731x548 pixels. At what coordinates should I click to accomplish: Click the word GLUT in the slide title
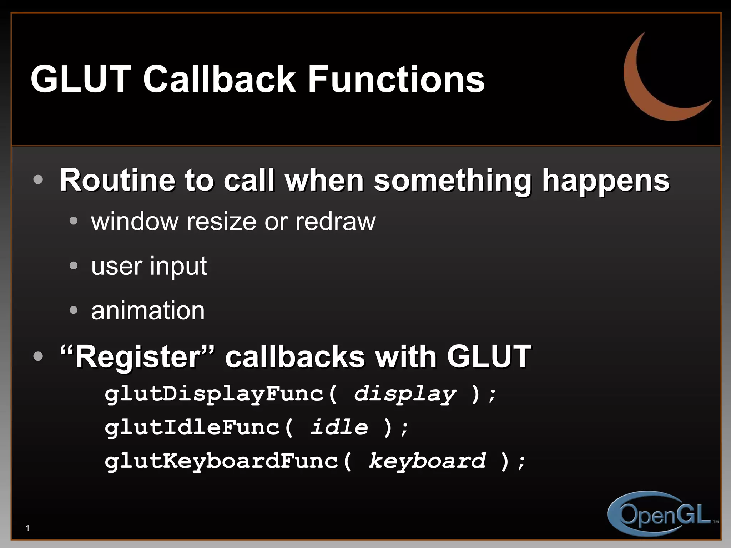[81, 79]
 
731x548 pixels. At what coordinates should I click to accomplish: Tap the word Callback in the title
[219, 79]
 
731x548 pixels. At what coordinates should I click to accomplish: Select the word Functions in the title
[396, 79]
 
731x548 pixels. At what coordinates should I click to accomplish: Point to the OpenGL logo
[660, 514]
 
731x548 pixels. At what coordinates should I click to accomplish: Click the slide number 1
[28, 528]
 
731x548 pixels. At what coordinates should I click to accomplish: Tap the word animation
[148, 310]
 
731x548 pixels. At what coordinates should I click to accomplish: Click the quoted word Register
[138, 357]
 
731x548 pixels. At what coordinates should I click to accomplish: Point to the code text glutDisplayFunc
[214, 394]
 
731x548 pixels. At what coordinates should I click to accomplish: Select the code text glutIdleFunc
[193, 427]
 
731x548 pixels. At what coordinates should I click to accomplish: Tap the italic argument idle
[339, 427]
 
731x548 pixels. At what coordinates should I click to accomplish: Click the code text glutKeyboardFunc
[221, 461]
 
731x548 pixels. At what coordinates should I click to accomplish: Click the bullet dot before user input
[74, 265]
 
